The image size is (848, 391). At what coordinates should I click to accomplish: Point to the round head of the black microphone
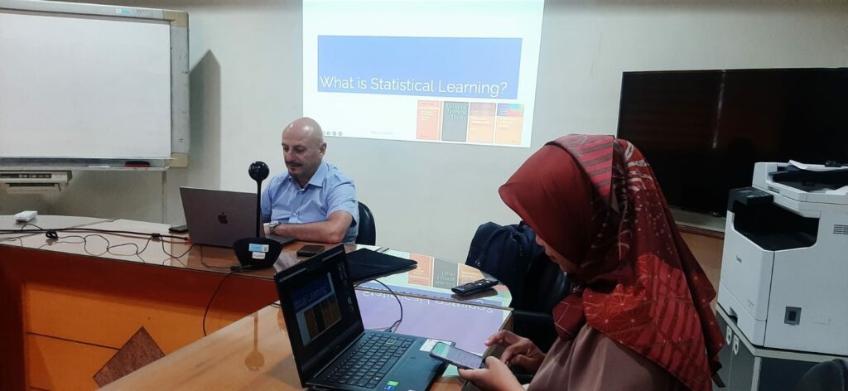tap(258, 171)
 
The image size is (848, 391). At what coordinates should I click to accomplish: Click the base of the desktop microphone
tap(257, 252)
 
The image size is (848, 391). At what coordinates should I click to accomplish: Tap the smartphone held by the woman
tap(456, 355)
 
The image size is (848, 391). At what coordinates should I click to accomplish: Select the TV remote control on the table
tap(475, 287)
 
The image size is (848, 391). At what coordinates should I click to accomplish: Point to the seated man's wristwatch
tap(273, 225)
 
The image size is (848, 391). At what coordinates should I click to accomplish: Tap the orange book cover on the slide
tap(428, 119)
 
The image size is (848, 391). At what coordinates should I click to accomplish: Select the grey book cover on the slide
tap(455, 121)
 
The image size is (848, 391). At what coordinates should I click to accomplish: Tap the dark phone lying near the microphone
tap(311, 250)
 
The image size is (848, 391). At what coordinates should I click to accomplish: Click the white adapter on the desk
tap(26, 216)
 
